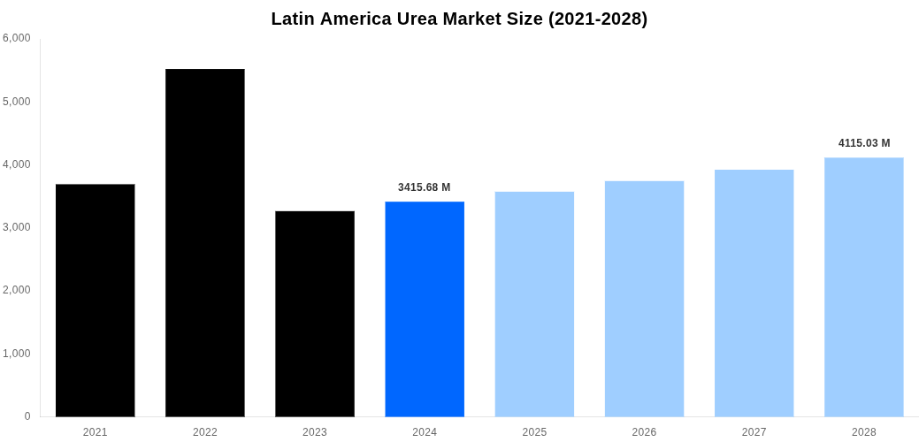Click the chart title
click(x=459, y=19)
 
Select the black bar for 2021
click(x=96, y=301)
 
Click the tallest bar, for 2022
click(x=205, y=243)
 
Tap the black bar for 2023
click(x=315, y=314)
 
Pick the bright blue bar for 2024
click(x=425, y=309)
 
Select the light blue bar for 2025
click(x=534, y=304)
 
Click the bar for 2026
click(x=644, y=299)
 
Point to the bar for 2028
click(x=863, y=287)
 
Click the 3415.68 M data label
click(x=424, y=187)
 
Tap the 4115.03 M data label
click(x=864, y=143)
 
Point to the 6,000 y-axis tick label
click(x=17, y=38)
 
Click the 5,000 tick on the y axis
click(x=17, y=102)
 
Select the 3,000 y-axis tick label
click(x=17, y=227)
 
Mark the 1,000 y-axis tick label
click(x=17, y=354)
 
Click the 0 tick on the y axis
click(x=27, y=416)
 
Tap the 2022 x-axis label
click(x=205, y=432)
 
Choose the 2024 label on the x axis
click(x=425, y=432)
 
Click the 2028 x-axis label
click(x=863, y=432)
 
